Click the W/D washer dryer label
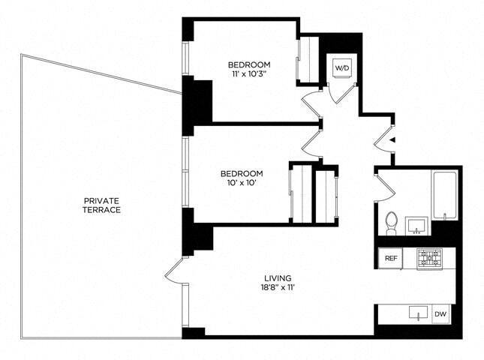(x=342, y=67)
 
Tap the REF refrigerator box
(x=390, y=258)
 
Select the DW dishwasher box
(x=441, y=314)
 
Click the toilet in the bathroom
(x=389, y=223)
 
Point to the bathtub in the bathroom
(x=444, y=196)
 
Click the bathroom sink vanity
(x=416, y=226)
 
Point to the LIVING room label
(x=277, y=277)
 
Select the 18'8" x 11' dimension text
(x=277, y=288)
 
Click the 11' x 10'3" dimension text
(x=249, y=75)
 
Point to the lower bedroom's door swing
(x=312, y=142)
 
